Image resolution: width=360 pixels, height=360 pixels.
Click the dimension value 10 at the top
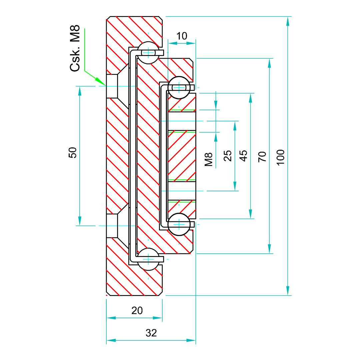pos(182,36)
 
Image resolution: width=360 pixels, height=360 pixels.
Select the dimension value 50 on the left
pos(73,153)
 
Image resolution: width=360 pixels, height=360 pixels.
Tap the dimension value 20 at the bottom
pos(137,311)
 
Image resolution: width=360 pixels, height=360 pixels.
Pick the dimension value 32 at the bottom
pos(151,333)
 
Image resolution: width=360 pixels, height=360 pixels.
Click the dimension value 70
pos(263,156)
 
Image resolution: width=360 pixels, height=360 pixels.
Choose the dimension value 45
pos(244,156)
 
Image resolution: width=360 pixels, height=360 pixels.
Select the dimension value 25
pos(228,156)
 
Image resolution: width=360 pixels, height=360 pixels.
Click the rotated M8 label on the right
pos(209,159)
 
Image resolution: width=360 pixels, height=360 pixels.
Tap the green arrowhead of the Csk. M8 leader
pos(99,81)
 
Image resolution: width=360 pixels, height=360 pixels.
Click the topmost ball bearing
pos(148,53)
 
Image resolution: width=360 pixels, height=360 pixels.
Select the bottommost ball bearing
pos(148,259)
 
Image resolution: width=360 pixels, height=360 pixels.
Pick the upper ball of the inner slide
pos(179,88)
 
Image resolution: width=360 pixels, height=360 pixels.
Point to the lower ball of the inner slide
pos(179,224)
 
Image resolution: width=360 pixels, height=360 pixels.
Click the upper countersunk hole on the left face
pos(112,86)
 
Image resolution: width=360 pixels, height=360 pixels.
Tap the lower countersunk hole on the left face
pos(112,226)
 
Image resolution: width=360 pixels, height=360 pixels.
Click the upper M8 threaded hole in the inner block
pos(182,121)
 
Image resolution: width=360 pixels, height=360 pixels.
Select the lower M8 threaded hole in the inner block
pos(182,191)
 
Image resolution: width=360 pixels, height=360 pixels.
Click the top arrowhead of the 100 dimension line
pos(288,21)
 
